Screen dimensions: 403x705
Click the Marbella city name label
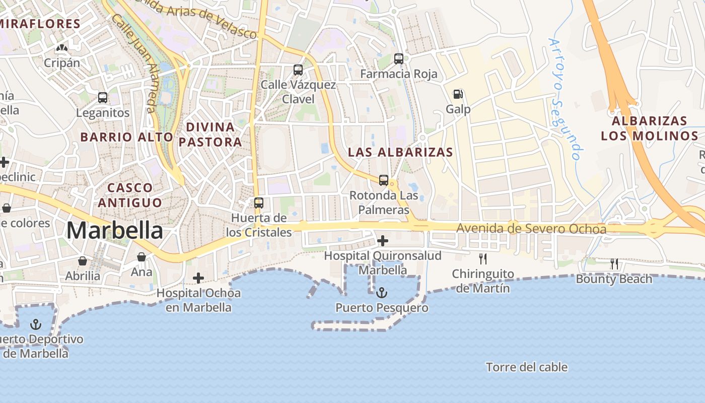tap(115, 231)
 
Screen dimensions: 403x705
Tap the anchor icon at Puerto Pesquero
tap(382, 292)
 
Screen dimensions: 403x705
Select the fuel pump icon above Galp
tap(458, 94)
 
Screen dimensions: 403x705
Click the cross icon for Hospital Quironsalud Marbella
tap(383, 241)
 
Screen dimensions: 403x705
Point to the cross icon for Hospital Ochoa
tap(198, 278)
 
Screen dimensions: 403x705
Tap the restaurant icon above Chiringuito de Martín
tap(483, 259)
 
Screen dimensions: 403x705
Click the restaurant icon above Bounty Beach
tap(614, 263)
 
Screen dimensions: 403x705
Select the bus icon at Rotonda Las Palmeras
tap(384, 180)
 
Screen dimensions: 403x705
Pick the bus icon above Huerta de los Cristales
tap(259, 203)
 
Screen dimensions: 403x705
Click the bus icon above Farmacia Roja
tap(399, 59)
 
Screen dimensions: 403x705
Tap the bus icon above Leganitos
tap(103, 98)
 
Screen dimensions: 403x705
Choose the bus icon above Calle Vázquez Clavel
tap(298, 70)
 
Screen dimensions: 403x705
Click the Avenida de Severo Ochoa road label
tap(531, 229)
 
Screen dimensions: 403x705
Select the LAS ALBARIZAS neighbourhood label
tap(400, 152)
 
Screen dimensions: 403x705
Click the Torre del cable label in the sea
tap(527, 367)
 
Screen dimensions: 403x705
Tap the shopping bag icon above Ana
tap(142, 257)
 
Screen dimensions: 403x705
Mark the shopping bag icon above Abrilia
tap(83, 261)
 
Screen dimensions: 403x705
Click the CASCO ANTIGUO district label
tap(130, 195)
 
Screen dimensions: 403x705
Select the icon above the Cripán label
tap(62, 48)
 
